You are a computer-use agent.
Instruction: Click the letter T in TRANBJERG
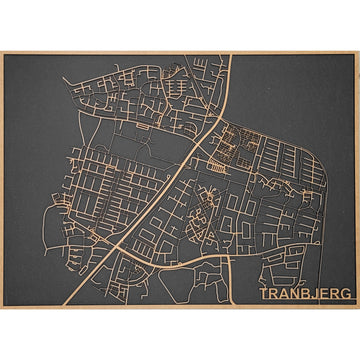click(x=264, y=293)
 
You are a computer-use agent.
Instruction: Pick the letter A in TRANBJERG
click(x=281, y=293)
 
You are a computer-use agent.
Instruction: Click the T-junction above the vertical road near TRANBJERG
click(x=229, y=258)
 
